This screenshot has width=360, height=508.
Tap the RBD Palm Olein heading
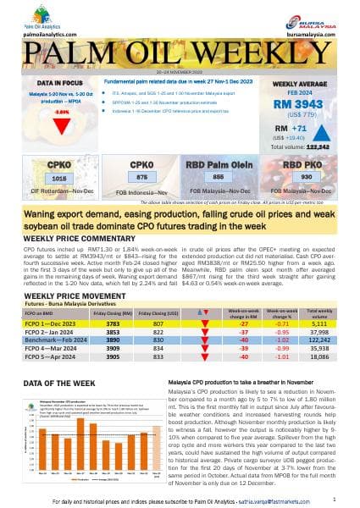[217, 163]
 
